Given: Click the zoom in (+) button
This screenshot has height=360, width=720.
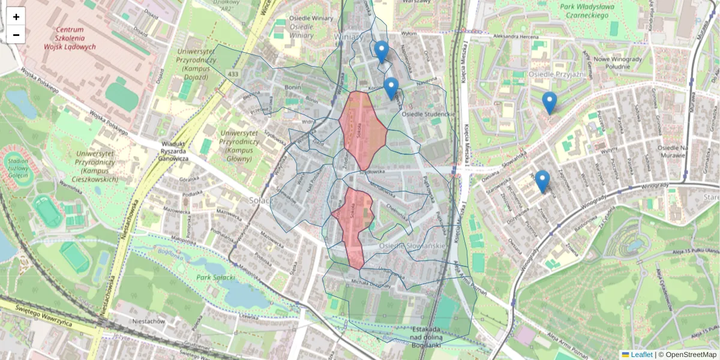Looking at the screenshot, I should [x=16, y=17].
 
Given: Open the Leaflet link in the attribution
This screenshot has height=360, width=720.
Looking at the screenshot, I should [x=641, y=355].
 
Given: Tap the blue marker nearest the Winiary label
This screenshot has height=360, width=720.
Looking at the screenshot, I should [x=381, y=51].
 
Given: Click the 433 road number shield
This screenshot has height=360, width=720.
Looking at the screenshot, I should [x=233, y=74].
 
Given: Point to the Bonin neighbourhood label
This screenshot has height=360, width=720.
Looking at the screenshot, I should [x=293, y=88].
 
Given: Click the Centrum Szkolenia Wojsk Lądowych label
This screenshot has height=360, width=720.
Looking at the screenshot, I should [x=75, y=38].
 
